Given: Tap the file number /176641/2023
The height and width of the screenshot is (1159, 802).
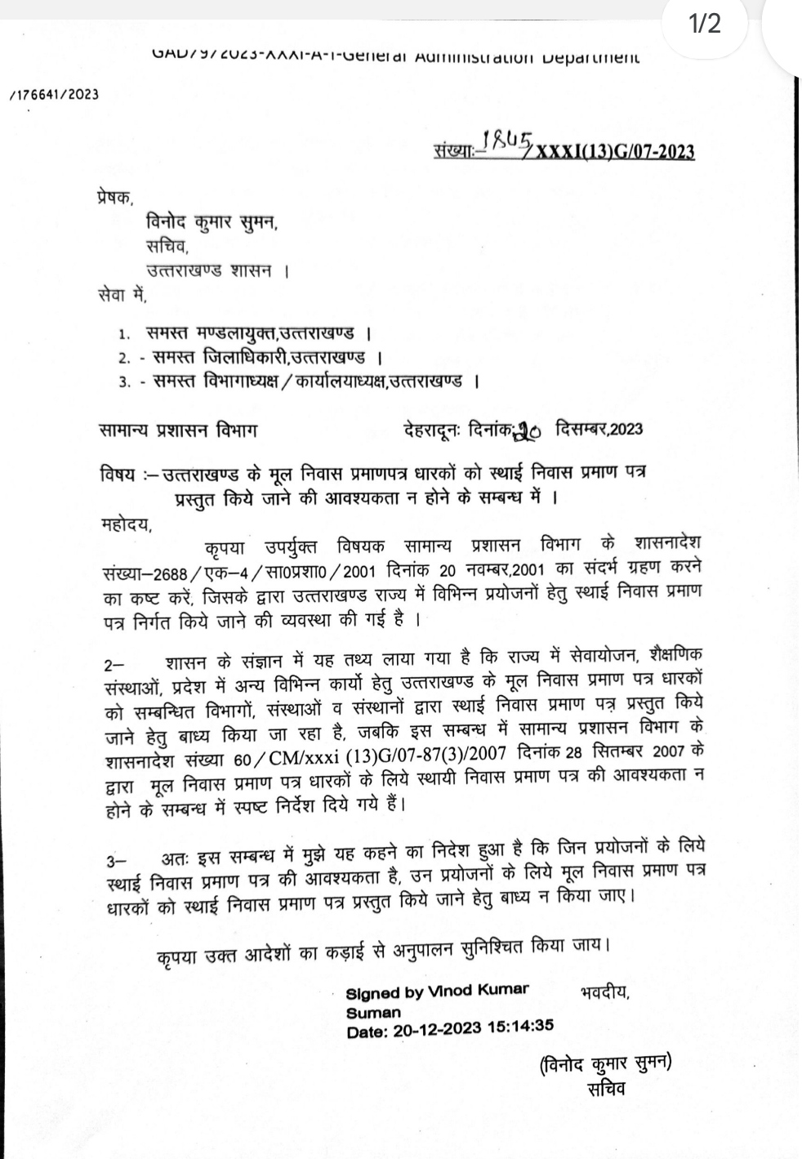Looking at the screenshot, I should [54, 94].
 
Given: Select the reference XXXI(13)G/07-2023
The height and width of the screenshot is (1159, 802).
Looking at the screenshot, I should [614, 152].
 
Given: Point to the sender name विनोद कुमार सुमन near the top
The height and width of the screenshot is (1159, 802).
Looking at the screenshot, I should [212, 222].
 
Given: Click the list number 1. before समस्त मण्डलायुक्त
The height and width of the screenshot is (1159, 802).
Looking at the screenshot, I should [124, 334].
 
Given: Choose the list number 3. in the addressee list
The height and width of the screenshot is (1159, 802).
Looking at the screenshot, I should [124, 381].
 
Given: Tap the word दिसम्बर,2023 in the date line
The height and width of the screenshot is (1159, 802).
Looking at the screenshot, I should [599, 429].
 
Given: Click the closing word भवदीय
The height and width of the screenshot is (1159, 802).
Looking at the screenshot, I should [604, 993].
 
